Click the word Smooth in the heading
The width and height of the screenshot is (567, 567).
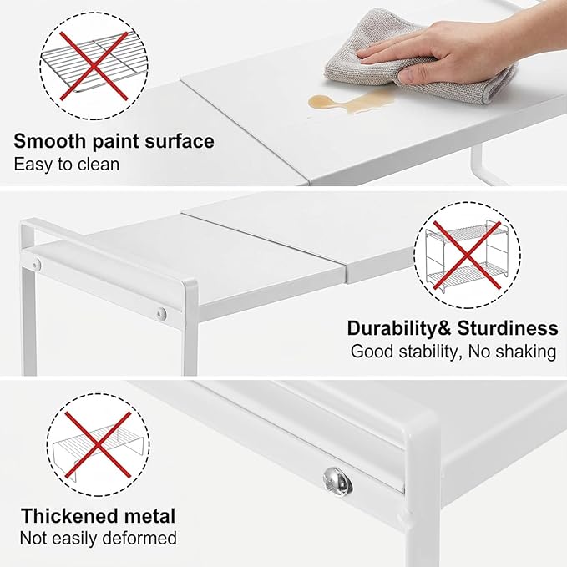tap(49, 141)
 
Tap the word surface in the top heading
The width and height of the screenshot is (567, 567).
tap(179, 141)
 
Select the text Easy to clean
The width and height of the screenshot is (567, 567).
tap(67, 165)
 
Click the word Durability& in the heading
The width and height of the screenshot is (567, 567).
tap(399, 329)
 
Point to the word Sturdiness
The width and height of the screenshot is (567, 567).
tap(508, 329)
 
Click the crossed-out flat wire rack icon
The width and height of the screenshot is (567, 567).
tap(94, 66)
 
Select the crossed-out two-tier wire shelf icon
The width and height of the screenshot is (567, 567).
tap(467, 256)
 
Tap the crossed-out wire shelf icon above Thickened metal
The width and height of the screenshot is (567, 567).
tap(98, 444)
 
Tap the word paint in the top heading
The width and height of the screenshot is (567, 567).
tap(115, 142)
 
